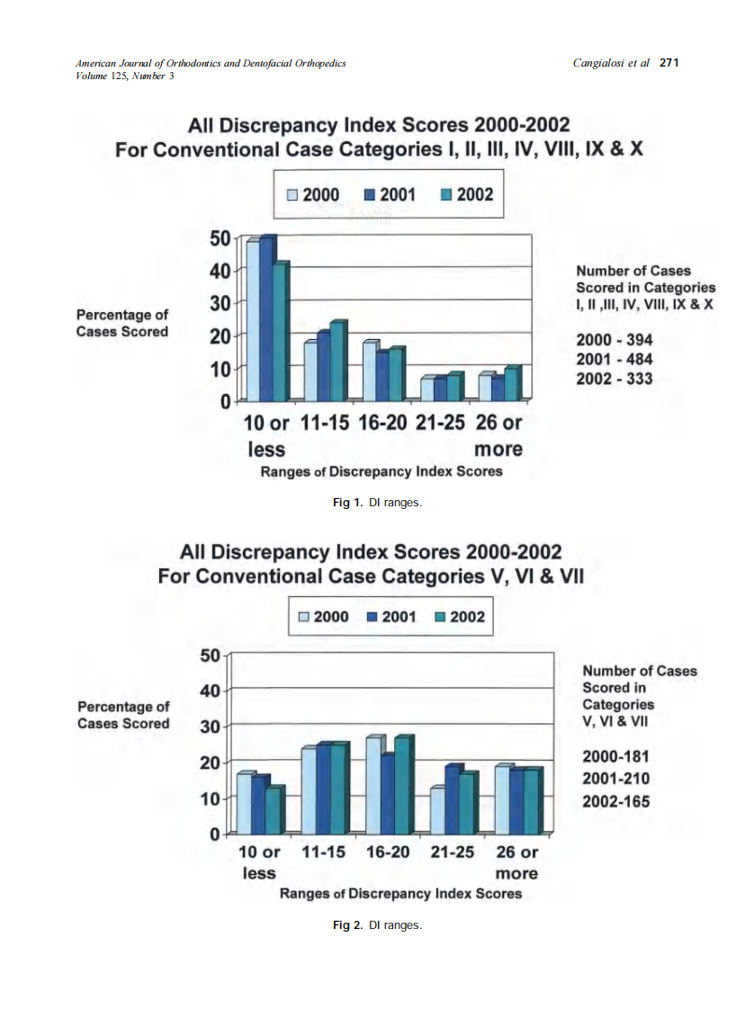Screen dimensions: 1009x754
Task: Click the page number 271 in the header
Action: (669, 63)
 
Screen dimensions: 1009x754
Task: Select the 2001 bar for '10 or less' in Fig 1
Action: (266, 319)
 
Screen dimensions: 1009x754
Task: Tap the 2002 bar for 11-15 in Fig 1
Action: (337, 362)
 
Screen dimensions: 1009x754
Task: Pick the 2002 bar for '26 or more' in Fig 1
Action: (511, 385)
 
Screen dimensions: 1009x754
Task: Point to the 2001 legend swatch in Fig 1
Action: (369, 195)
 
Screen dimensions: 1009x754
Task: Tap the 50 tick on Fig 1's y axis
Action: (220, 238)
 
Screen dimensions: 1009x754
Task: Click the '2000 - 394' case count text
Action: (615, 341)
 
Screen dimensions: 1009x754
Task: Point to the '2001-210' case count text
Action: (616, 779)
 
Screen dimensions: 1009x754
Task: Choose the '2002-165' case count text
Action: (616, 801)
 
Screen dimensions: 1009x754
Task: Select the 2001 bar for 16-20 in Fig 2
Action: (387, 794)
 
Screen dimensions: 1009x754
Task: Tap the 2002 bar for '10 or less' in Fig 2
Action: (273, 811)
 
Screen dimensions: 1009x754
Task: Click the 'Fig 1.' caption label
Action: (348, 503)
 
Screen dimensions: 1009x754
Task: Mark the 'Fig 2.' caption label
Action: (348, 924)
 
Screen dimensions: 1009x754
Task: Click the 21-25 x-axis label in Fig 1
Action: (440, 423)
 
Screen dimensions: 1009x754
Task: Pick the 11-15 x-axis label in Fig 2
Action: (322, 852)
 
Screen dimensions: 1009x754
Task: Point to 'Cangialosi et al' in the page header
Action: (610, 63)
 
